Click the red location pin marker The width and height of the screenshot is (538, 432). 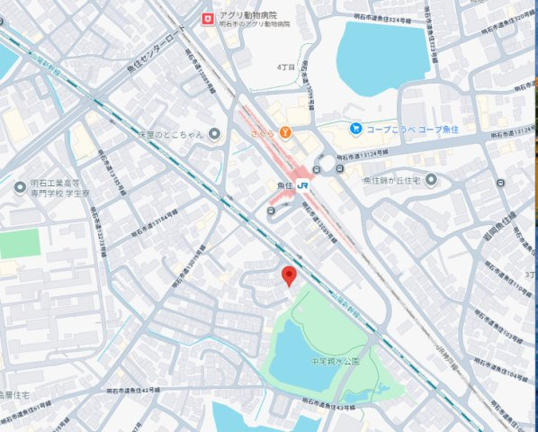[x=289, y=276]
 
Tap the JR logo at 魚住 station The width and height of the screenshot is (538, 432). [x=305, y=185]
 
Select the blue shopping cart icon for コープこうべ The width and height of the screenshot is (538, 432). [x=356, y=130]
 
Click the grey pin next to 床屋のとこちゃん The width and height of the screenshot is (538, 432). [x=214, y=135]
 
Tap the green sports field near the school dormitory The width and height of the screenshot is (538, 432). [x=20, y=243]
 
